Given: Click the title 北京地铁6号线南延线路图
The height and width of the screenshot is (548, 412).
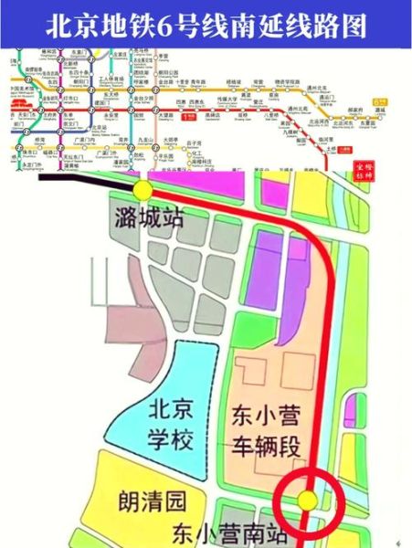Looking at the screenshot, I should [206, 26].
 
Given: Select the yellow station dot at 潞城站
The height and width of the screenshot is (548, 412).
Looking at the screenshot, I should [143, 190].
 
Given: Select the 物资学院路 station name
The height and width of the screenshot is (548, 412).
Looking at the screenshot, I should [289, 82].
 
